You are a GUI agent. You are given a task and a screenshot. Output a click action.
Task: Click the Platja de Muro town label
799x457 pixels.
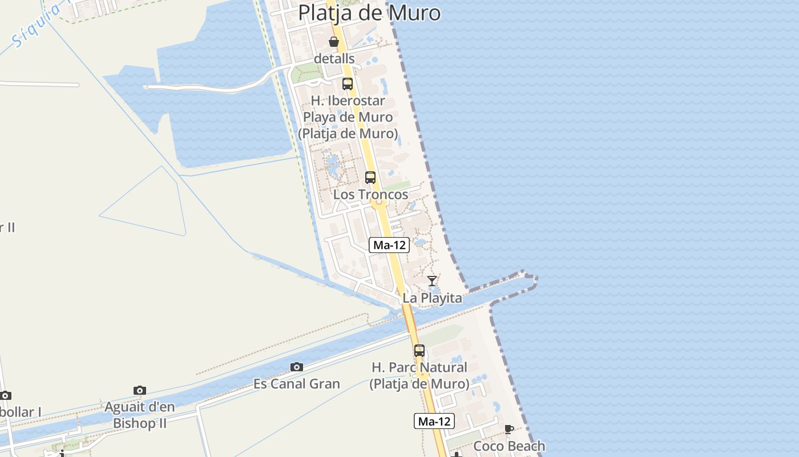tap(369, 13)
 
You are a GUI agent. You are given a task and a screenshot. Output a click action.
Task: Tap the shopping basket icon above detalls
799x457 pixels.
tap(334, 42)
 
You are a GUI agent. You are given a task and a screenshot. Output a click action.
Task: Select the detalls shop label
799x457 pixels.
tap(334, 59)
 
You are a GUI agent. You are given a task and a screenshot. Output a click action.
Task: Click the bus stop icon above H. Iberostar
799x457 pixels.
tap(348, 84)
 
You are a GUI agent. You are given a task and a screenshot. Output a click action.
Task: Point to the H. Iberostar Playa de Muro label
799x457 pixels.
tap(348, 117)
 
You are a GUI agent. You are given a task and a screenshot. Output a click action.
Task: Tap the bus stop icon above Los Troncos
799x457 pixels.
tap(370, 178)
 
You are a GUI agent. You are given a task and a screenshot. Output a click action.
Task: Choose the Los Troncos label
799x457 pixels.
tap(370, 194)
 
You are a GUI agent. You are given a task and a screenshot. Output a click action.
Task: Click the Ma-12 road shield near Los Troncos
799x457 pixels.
tap(389, 245)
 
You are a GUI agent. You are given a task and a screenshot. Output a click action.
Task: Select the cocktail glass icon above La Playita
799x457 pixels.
tap(432, 281)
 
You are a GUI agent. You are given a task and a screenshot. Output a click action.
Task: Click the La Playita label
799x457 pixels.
tap(432, 298)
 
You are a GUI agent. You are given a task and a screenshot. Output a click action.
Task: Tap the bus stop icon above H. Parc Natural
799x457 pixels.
tap(419, 351)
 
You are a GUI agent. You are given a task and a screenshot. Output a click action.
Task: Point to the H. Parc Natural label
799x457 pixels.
tap(419, 375)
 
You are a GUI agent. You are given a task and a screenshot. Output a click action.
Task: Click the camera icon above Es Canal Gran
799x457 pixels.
tap(296, 367)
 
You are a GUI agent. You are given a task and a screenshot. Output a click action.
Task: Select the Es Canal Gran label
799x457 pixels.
tap(296, 384)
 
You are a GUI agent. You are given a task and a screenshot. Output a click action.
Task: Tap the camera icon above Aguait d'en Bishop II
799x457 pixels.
tap(140, 391)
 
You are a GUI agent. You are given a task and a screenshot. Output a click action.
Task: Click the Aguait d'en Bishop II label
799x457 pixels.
tap(140, 415)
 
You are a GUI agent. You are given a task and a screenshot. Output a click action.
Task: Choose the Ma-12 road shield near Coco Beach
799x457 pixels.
tap(434, 422)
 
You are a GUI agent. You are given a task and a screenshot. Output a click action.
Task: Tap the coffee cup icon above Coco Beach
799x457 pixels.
tap(509, 429)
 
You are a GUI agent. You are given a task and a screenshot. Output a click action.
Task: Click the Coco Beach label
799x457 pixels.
tap(509, 446)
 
